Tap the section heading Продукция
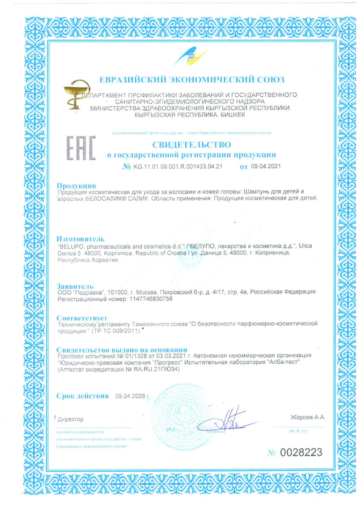(76, 186)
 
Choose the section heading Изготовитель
(81, 239)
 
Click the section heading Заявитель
(75, 286)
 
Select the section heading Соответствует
(82, 317)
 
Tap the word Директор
(71, 419)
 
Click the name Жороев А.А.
(308, 417)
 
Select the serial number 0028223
(301, 452)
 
